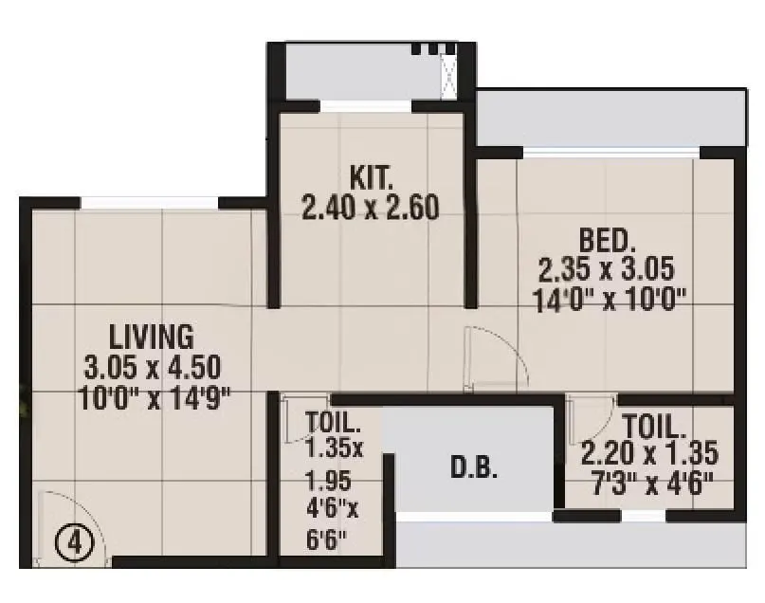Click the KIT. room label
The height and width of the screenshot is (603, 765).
click(x=370, y=177)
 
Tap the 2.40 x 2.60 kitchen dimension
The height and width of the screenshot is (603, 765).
click(x=370, y=208)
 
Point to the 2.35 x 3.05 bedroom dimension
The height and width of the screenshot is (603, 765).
click(x=607, y=270)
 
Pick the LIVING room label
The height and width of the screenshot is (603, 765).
click(x=152, y=337)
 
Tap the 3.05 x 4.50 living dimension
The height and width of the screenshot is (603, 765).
click(x=153, y=367)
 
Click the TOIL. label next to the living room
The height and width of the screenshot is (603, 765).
click(x=333, y=422)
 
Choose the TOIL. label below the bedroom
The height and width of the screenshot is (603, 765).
click(x=654, y=424)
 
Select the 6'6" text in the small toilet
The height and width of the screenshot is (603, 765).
click(x=328, y=542)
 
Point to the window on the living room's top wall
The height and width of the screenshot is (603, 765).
click(x=151, y=202)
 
